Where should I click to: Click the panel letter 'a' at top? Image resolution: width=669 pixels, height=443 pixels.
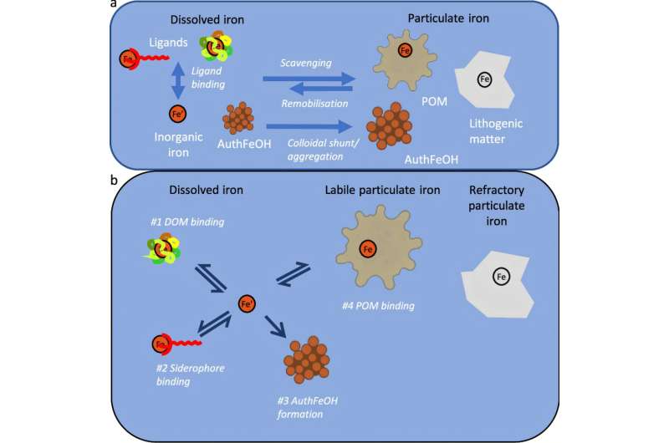113,4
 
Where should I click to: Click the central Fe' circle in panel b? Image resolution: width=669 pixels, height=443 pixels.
247,304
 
